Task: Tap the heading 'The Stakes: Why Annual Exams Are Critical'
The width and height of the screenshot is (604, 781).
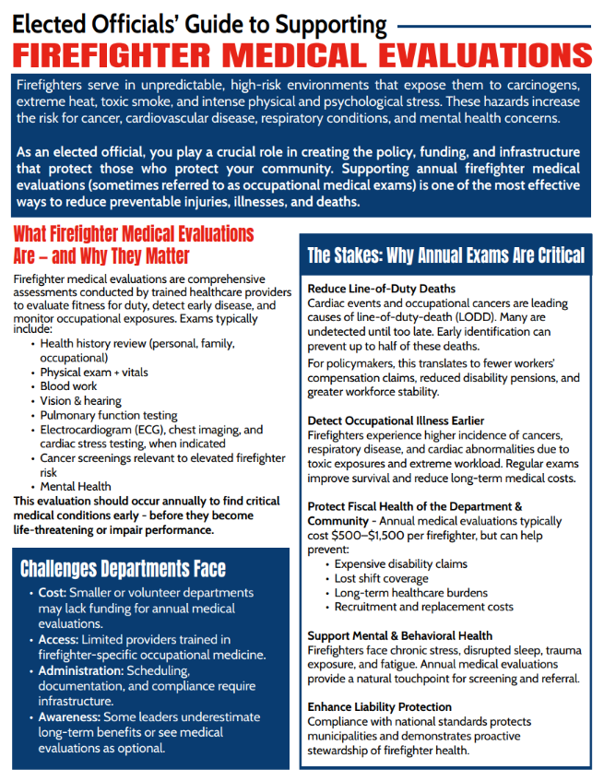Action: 445,255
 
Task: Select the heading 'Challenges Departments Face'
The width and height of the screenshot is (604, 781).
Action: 123,568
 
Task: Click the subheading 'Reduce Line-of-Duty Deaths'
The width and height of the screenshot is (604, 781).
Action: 382,289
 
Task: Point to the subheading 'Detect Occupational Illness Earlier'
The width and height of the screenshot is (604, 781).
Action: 396,420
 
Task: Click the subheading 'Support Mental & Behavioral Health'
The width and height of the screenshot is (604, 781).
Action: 399,635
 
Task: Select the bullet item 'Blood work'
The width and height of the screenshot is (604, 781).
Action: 69,386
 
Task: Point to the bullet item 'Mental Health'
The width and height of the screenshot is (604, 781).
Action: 76,486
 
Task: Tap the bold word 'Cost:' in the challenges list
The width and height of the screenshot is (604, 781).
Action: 53,593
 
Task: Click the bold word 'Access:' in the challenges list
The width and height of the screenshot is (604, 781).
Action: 59,639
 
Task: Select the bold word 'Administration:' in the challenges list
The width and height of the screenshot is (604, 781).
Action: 81,670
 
